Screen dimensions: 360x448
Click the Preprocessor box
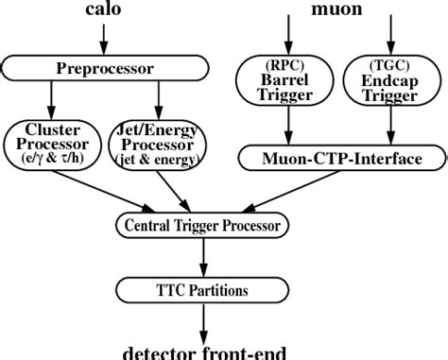[107, 68]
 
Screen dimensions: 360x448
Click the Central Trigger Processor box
[202, 225]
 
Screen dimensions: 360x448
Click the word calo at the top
[106, 9]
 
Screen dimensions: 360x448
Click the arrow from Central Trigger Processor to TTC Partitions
[202, 255]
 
